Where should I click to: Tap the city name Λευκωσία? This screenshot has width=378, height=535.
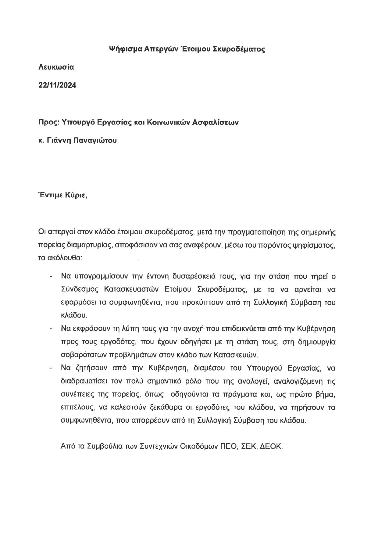coord(56,67)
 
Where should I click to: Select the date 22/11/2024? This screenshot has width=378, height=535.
coord(57,85)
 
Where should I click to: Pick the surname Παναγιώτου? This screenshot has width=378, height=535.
coord(95,141)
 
